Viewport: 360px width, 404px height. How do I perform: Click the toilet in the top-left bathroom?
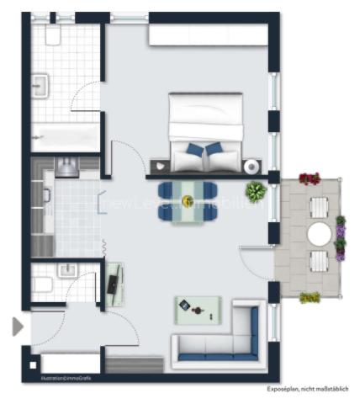coord(54,35)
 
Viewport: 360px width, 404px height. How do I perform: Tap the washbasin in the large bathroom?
coord(40,84)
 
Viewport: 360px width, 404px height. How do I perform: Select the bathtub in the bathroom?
coord(66,136)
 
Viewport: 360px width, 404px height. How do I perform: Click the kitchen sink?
coord(66,165)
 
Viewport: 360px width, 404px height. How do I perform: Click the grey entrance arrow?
coord(18,327)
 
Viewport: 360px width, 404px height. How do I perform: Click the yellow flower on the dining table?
coord(187,201)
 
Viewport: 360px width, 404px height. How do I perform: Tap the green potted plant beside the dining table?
coord(256,191)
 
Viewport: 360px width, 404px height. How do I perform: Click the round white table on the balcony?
coord(320,231)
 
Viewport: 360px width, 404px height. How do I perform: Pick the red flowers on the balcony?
coord(310,178)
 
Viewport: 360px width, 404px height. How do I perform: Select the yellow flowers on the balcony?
coord(310,297)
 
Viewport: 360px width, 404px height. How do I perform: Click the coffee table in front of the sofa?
coord(194,310)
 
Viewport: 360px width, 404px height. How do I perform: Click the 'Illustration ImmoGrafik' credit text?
coord(58,377)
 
